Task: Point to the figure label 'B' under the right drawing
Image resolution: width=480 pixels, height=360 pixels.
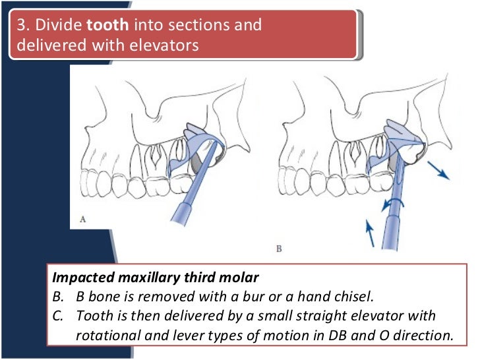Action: coord(278,249)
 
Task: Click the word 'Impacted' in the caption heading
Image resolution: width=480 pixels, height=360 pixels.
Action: coord(80,277)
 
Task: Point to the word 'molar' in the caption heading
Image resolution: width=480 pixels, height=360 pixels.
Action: coord(243,277)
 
